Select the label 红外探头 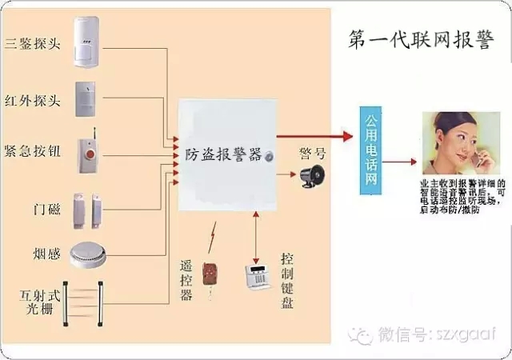click(31, 102)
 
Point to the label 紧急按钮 click(31, 151)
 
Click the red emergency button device click(88, 153)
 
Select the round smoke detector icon click(88, 254)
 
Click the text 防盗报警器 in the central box click(223, 154)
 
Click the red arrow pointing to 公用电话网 click(316, 136)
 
